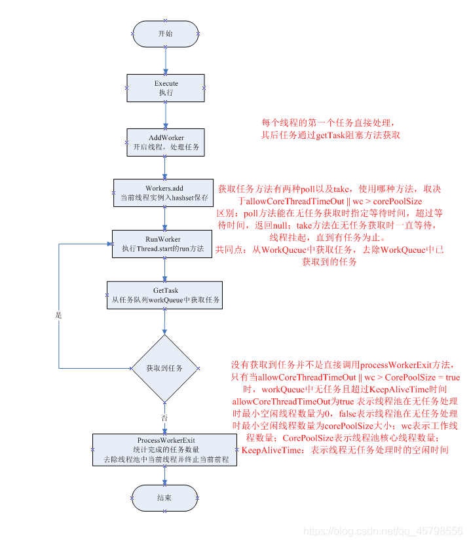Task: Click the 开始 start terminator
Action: (166, 33)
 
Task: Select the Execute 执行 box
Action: (166, 88)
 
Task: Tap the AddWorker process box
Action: (166, 142)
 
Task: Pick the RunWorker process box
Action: (162, 244)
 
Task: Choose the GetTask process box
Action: (165, 295)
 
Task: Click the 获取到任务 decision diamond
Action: (164, 368)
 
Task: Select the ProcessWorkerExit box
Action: (165, 449)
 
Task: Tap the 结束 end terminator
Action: (164, 498)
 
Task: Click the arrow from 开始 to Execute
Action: (166, 60)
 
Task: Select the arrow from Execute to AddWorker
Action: (166, 115)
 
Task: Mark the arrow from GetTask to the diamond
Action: (164, 322)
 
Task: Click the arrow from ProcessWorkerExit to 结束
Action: (164, 475)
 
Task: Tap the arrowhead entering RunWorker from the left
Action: (108, 244)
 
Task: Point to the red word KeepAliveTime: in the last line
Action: (275, 451)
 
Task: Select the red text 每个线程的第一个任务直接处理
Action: (328, 123)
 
